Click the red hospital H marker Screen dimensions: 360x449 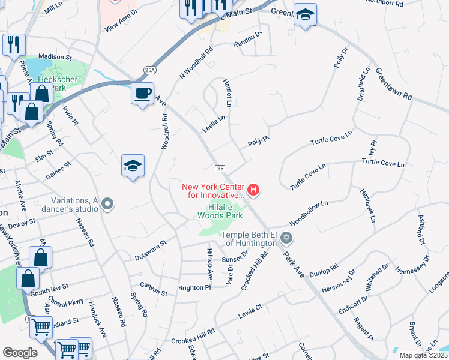253,191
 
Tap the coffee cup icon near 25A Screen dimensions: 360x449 142,94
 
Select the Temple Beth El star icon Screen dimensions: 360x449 286,239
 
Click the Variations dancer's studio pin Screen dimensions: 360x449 107,205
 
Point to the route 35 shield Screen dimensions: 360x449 220,169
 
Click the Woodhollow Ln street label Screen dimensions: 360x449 309,211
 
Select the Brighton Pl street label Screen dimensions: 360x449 194,288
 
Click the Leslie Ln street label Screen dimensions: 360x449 214,124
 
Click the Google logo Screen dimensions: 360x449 20,353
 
